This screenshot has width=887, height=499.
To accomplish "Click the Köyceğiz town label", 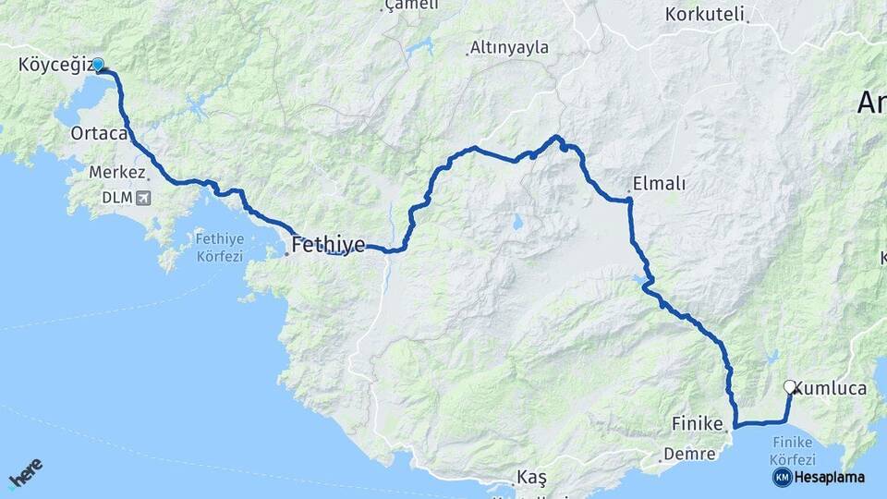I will click(x=55, y=65).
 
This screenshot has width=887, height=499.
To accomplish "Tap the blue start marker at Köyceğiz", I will click(x=97, y=65).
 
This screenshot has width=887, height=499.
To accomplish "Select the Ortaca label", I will click(x=98, y=134).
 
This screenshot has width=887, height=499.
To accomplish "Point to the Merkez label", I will click(x=116, y=173).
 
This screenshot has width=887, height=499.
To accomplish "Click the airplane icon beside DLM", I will click(x=142, y=198).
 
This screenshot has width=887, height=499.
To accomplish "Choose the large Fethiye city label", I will click(x=328, y=245).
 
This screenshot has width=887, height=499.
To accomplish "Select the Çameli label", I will click(x=411, y=6).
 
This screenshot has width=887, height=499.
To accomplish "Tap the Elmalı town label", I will click(x=659, y=184).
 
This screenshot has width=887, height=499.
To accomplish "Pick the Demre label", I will click(x=690, y=454).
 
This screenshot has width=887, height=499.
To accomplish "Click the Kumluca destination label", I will click(x=833, y=389).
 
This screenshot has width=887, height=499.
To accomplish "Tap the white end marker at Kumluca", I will click(x=789, y=386).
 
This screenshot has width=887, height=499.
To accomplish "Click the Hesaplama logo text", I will click(x=829, y=477).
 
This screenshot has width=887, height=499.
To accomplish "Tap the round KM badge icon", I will click(x=782, y=477).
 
